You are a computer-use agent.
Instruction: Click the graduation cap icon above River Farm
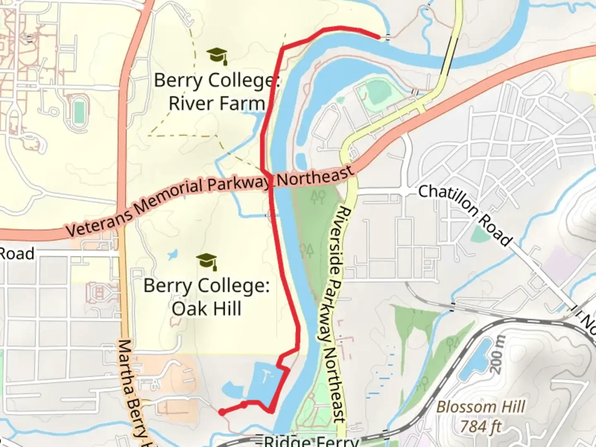click(217, 56)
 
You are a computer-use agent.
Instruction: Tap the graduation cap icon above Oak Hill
click(207, 262)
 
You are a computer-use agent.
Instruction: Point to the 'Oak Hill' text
click(206, 309)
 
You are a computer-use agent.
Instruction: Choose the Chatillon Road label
click(466, 215)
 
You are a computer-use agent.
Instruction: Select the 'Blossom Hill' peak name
click(481, 406)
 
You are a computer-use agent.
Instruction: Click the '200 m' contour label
click(499, 354)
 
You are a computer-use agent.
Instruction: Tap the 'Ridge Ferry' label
click(310, 440)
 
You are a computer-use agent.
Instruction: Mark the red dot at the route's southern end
click(222, 412)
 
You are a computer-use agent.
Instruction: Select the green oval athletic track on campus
click(79, 111)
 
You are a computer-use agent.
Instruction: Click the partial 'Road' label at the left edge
click(17, 253)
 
